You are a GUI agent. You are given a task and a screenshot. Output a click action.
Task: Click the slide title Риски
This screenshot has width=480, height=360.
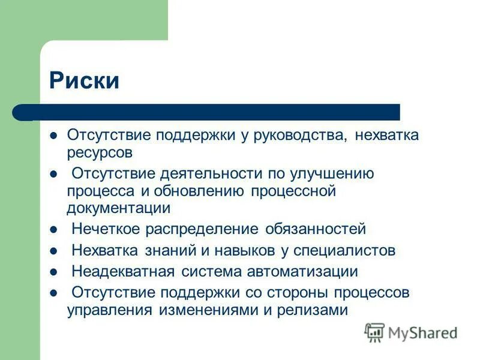tap(84, 80)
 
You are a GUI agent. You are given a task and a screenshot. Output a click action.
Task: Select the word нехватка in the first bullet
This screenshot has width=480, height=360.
tap(386, 135)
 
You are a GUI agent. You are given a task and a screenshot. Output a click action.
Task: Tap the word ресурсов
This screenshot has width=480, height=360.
tap(99, 152)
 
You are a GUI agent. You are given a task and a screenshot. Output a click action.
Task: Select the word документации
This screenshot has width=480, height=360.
tap(119, 208)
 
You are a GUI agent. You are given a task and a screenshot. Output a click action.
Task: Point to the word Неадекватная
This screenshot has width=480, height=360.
tap(123, 271)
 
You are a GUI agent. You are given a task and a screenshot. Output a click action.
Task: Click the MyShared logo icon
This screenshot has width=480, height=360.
tap(374, 332)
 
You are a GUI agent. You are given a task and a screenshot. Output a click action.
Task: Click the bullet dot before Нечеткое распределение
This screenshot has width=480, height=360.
tap(53, 230)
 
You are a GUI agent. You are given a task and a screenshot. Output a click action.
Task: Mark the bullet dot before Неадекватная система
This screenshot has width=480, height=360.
tap(53, 272)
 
